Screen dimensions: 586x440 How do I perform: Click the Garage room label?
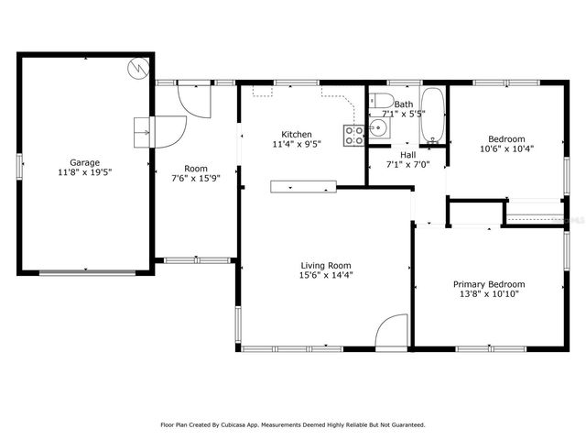click(85, 163)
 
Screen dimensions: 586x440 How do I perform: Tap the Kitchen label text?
click(297, 135)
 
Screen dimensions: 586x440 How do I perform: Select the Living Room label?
click(326, 266)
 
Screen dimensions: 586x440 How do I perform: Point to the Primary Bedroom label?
click(489, 284)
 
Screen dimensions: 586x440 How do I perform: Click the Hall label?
click(407, 155)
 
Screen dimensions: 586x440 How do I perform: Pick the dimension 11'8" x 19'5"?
click(85, 172)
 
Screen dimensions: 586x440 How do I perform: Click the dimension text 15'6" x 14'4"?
click(326, 275)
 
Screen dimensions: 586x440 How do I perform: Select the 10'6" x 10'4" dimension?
click(506, 148)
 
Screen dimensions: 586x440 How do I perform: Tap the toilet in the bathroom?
click(381, 101)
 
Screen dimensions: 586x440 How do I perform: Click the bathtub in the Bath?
click(433, 115)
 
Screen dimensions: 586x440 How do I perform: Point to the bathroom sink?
click(379, 128)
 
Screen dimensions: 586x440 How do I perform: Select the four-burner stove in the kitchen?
click(354, 136)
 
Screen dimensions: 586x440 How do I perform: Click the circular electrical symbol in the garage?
click(138, 69)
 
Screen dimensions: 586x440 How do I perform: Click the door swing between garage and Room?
click(170, 132)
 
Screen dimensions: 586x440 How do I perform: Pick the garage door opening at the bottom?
click(88, 273)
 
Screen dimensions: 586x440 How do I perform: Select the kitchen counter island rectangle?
click(303, 187)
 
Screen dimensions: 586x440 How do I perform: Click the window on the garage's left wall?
click(19, 167)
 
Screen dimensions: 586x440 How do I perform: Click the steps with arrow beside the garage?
click(142, 132)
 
